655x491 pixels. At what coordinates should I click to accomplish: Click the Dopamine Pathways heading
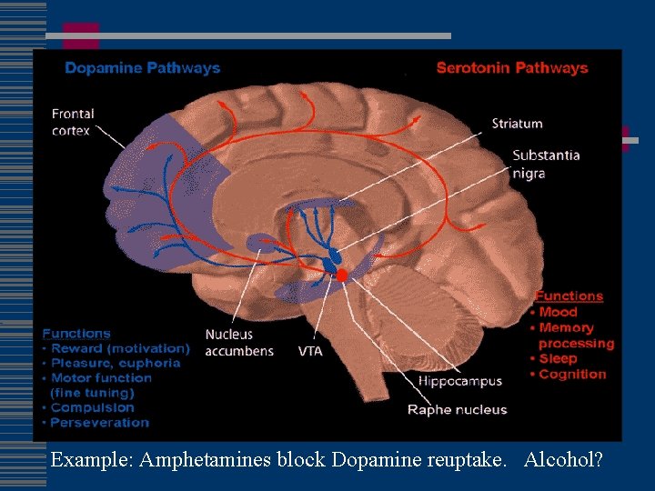coord(142,68)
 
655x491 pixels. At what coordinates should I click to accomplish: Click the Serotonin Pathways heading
coord(512,68)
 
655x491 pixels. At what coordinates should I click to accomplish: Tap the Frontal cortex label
coord(73,123)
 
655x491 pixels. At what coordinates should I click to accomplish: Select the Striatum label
coord(517,124)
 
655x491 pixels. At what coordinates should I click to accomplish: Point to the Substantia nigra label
coord(546,164)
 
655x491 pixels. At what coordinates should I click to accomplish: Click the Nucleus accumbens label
coord(239,343)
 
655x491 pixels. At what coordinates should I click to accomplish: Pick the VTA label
coord(310,351)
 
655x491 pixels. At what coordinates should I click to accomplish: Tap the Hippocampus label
coord(460,382)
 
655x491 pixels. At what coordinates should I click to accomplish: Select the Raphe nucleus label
coord(457,410)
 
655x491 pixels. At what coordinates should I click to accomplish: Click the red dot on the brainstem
coord(342,275)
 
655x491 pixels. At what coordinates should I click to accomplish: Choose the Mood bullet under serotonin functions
coord(558,312)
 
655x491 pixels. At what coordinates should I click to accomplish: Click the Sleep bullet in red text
coord(558,358)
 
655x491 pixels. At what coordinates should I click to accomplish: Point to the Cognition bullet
coord(572,374)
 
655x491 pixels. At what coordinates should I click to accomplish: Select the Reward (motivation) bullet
coord(120,348)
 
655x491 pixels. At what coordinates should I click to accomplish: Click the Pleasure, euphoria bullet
coord(116,363)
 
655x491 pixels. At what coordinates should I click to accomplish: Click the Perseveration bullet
coord(99,422)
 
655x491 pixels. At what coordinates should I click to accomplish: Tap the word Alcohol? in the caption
coord(563,460)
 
